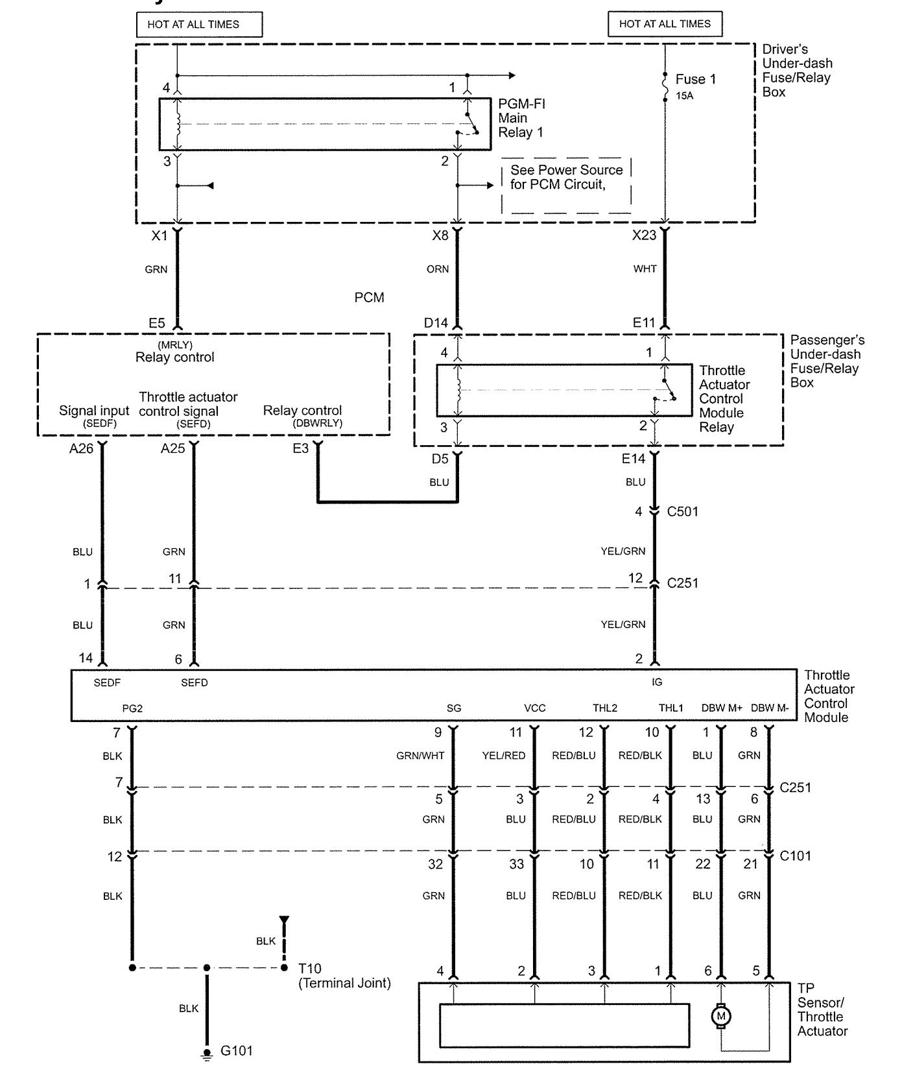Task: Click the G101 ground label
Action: pyautogui.click(x=237, y=1050)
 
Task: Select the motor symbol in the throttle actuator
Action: pyautogui.click(x=720, y=1015)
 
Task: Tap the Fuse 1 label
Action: pyautogui.click(x=695, y=79)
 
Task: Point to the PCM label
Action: pyautogui.click(x=369, y=297)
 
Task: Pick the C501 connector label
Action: pyautogui.click(x=683, y=511)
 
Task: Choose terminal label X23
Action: pyautogui.click(x=644, y=235)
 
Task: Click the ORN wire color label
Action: pyautogui.click(x=438, y=269)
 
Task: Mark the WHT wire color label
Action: pyautogui.click(x=645, y=269)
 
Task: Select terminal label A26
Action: pyautogui.click(x=82, y=448)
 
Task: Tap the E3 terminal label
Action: pyautogui.click(x=300, y=448)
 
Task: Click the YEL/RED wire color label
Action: pyautogui.click(x=504, y=755)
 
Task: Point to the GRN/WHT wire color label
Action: pyautogui.click(x=420, y=755)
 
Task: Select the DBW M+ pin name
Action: pyautogui.click(x=722, y=708)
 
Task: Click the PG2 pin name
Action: pyautogui.click(x=132, y=708)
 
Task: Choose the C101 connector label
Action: pyautogui.click(x=795, y=856)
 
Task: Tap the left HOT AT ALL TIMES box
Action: pyautogui.click(x=199, y=25)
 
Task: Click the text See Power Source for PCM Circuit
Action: pyautogui.click(x=566, y=177)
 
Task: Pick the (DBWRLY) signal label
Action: pyautogui.click(x=317, y=423)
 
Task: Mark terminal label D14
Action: pyautogui.click(x=436, y=322)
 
